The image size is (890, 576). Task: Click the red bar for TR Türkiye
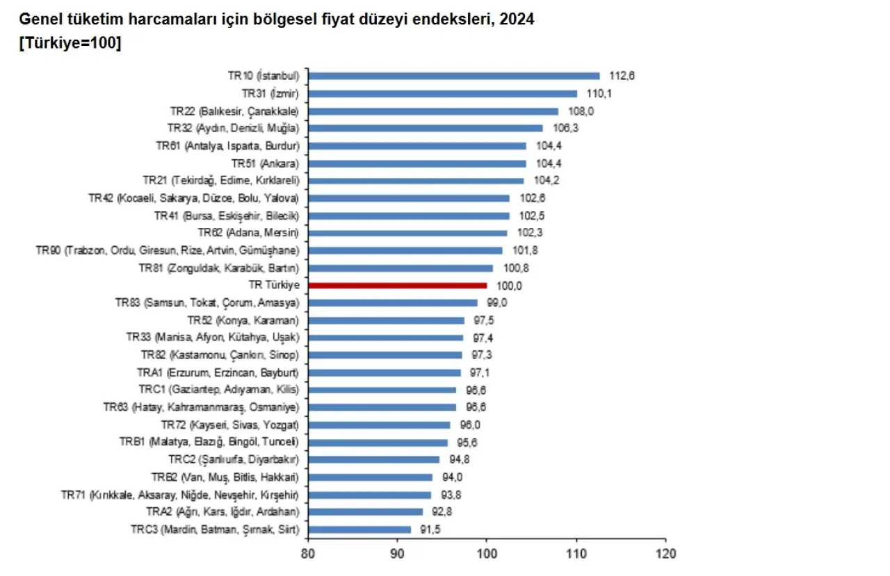[397, 285]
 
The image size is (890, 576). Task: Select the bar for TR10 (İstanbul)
[453, 76]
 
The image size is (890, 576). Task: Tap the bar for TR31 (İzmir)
[442, 93]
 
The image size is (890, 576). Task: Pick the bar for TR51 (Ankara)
[416, 163]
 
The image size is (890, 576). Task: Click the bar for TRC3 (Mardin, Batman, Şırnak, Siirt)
[359, 529]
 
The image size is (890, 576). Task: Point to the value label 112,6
[622, 76]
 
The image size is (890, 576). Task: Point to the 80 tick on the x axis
[307, 554]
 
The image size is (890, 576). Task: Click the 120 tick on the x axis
[665, 554]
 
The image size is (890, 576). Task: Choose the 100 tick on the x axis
[487, 554]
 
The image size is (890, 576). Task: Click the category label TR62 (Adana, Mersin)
[248, 233]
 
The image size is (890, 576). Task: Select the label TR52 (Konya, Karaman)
[243, 320]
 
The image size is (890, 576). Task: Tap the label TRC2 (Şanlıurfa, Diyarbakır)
[234, 459]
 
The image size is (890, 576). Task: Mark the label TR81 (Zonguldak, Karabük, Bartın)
[219, 268]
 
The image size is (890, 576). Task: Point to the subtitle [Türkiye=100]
[71, 43]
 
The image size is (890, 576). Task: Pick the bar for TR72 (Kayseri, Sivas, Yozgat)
[378, 425]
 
